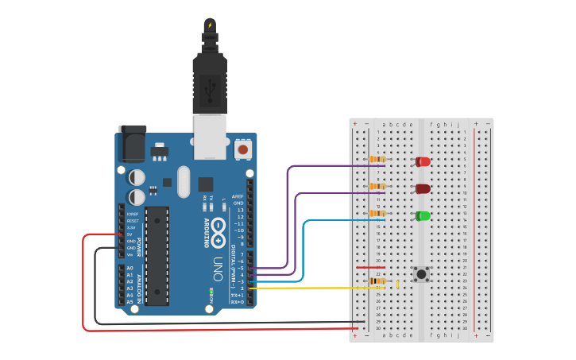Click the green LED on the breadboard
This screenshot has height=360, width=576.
tap(423, 216)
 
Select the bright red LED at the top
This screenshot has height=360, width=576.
tap(423, 162)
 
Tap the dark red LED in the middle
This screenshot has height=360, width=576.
tap(423, 189)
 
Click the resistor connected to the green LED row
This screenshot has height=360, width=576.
tap(377, 213)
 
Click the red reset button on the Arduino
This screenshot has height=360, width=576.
tap(242, 149)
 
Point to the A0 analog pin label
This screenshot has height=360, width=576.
tap(130, 269)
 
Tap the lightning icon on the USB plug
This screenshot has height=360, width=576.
tap(210, 25)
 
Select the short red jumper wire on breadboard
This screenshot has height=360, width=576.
tap(370, 268)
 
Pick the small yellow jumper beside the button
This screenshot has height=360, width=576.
tap(397, 284)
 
